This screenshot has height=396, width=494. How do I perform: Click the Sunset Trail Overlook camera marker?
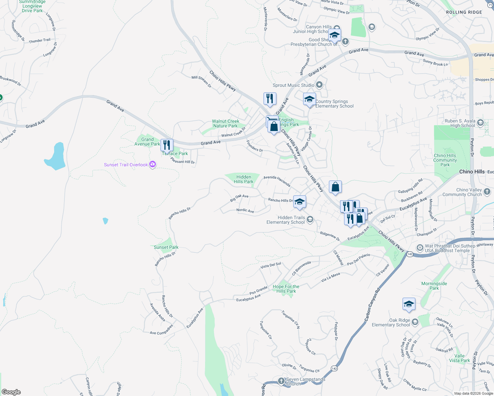coord(152,164)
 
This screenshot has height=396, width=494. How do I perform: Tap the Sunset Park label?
coord(166,247)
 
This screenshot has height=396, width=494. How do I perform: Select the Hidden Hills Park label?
coord(243,179)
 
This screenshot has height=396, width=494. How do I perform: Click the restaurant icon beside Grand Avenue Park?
coord(167,145)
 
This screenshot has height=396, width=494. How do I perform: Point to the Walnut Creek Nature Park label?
coord(226,123)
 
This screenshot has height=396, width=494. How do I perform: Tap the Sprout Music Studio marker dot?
coord(319,85)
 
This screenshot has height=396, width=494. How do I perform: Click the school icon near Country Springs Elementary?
coord(309,99)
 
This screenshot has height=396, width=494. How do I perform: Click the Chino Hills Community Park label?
coord(445,160)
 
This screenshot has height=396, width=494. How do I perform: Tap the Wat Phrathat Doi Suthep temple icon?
coord(420,247)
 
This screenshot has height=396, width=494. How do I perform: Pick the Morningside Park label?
coord(434,286)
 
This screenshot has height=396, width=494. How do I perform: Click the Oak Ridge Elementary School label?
coord(391,322)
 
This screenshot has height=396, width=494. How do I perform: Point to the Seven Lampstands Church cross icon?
coord(281,381)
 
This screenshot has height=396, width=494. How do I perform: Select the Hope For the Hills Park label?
coord(286,289)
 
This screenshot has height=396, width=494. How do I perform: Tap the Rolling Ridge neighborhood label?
coord(464,12)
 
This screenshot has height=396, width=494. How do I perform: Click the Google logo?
coord(11,392)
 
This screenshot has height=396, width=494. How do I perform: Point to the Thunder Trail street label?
coord(40,41)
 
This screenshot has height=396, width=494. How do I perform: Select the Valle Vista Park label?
coord(459,358)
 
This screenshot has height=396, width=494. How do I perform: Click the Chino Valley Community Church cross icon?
coord(487,191)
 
